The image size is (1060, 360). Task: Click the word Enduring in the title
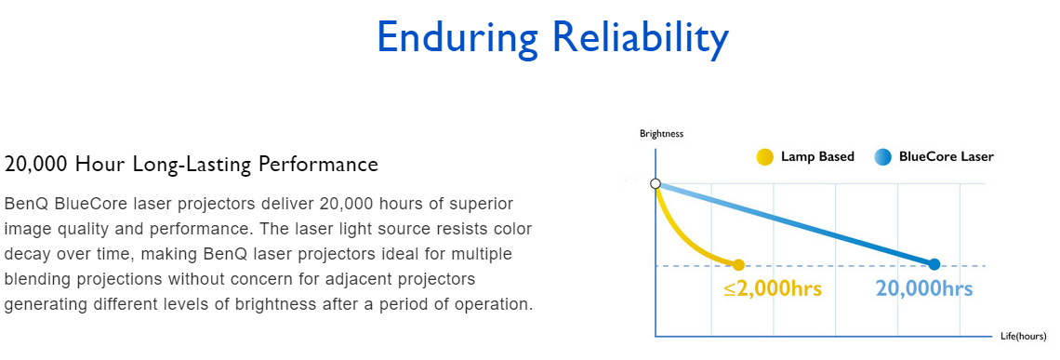point(457,39)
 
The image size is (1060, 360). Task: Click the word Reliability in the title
point(641,39)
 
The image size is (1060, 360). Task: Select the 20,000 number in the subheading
point(36,165)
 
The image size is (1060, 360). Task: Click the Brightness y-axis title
point(661,133)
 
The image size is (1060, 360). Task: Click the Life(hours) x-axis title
point(1024,337)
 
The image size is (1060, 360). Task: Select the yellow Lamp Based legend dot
point(764,157)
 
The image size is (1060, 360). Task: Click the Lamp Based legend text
point(817,157)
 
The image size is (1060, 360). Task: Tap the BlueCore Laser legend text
point(947,157)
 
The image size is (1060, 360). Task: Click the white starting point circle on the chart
point(655,183)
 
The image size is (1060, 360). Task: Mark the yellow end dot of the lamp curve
point(738,265)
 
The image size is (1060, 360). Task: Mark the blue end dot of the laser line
point(934,264)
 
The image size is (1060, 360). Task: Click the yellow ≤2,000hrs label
point(772,289)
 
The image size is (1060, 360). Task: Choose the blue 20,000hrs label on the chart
point(924,289)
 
